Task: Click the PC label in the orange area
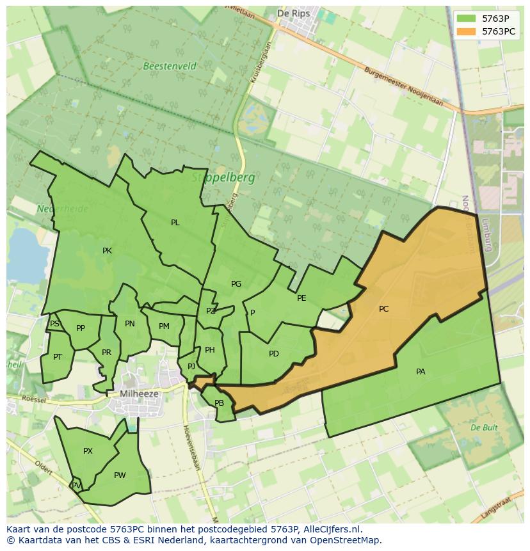[383, 309]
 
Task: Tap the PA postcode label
[421, 372]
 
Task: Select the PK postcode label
[107, 251]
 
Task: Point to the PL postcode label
[175, 223]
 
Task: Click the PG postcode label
[236, 284]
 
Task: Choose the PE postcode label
[301, 298]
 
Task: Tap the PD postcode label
[274, 354]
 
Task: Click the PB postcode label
[219, 403]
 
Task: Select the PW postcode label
[120, 475]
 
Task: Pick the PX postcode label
[88, 451]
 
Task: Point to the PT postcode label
[58, 357]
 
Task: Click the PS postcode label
[54, 324]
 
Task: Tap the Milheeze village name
[139, 394]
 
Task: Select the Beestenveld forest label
[170, 67]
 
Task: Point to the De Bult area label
[484, 427]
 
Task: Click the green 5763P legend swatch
[467, 19]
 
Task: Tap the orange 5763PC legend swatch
[467, 31]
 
